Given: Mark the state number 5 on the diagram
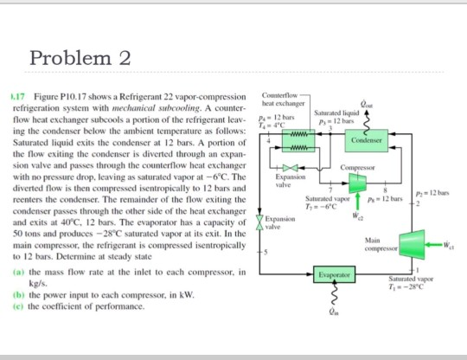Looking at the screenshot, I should [265, 253].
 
